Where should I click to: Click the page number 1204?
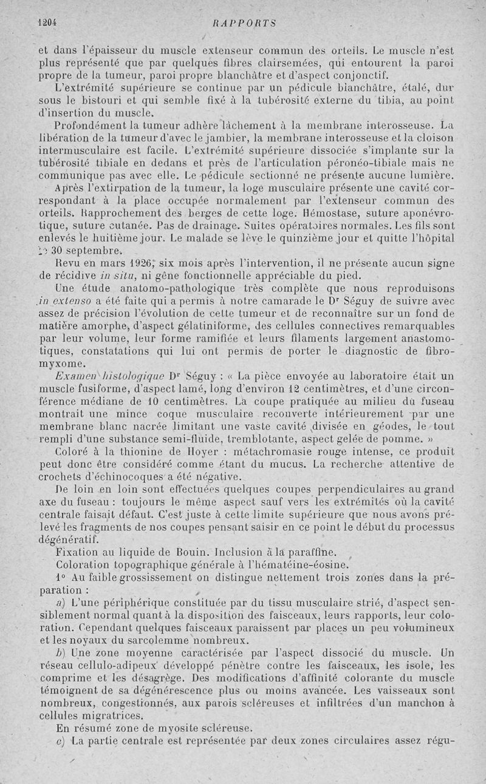tap(46, 24)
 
